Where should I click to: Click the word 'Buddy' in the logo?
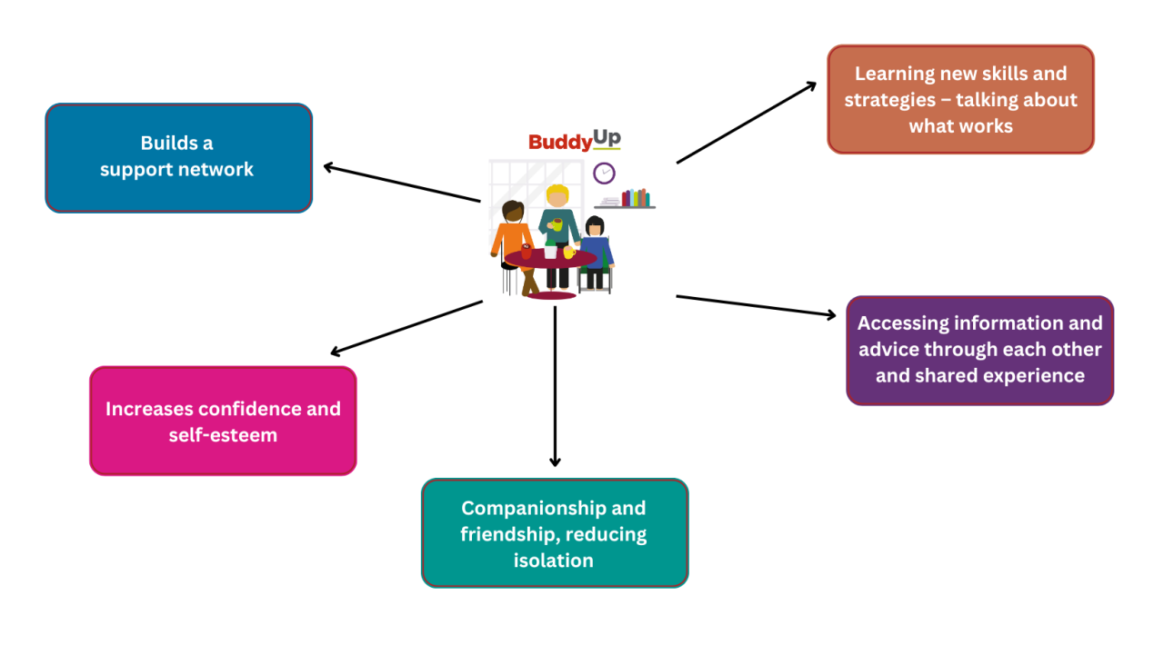[559, 142]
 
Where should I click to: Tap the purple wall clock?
[604, 173]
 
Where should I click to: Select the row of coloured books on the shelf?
[636, 198]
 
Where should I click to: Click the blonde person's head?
[557, 196]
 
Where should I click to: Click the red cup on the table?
[527, 251]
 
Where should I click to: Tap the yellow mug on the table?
[569, 252]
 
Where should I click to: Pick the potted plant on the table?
[550, 247]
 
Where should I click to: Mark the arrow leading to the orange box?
[747, 122]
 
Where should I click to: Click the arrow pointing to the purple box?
[756, 306]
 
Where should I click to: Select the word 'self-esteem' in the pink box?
[223, 435]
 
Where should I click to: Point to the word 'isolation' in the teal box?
[553, 561]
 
